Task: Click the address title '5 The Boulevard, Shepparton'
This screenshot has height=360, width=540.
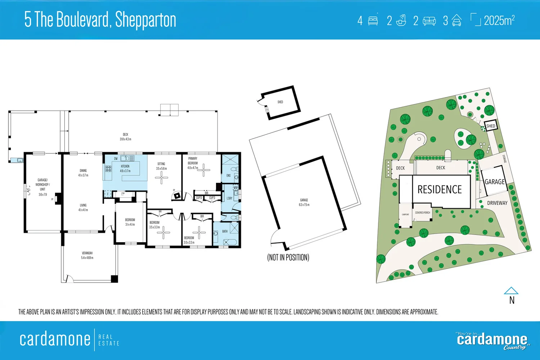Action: pos(100,20)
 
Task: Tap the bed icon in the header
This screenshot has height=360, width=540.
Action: pos(373,21)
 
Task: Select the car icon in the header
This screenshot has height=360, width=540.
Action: pos(456,21)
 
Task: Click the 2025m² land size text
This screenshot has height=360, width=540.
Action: pos(499,21)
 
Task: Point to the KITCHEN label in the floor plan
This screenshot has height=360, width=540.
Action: pos(125,168)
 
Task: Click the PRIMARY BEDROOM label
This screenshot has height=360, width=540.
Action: pos(193,163)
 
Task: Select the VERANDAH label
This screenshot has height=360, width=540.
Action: pos(87,255)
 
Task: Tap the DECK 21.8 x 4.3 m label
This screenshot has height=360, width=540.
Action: pos(125,137)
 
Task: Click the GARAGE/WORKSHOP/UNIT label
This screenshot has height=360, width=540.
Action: pos(42,187)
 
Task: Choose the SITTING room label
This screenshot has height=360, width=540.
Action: pos(161,166)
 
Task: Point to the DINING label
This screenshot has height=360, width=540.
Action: pos(83,173)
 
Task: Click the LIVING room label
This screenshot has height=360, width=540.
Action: pos(83,207)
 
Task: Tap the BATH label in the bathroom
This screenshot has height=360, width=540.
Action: pos(225,231)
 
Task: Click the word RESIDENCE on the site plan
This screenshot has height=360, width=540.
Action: pos(440,190)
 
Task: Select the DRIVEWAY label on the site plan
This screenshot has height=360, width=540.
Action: pos(497,203)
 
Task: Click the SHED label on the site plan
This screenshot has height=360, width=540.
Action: pos(491,126)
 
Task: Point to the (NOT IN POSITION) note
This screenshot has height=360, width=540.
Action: pos(288,257)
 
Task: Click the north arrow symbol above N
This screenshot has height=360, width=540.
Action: pos(511,291)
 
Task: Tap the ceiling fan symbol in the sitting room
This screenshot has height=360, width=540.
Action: pos(161,177)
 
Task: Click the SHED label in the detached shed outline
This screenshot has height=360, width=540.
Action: pos(280,102)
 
